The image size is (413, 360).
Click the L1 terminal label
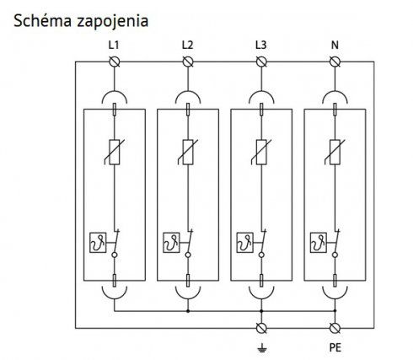(x=114, y=45)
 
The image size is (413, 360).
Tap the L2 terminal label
(x=187, y=45)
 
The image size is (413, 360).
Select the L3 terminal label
(x=261, y=45)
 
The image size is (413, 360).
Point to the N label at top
(x=335, y=45)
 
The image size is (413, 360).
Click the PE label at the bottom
(x=335, y=347)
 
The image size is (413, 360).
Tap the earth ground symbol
(x=261, y=348)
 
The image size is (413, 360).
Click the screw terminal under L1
(x=115, y=62)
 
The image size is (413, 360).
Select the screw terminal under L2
(x=188, y=62)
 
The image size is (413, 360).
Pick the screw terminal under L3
(x=261, y=62)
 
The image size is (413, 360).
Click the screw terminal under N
(x=335, y=62)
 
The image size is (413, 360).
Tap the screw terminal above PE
(x=335, y=328)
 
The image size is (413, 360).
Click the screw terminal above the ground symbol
(x=261, y=328)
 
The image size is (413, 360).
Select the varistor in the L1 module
(x=115, y=152)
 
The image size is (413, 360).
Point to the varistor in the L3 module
(x=261, y=152)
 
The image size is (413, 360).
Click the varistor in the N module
(x=335, y=152)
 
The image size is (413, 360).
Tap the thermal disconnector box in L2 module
(x=171, y=242)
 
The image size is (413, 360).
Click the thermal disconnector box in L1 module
(x=98, y=242)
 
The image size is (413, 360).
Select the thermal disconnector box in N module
(x=319, y=242)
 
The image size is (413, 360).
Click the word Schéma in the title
(x=42, y=20)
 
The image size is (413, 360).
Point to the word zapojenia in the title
(x=112, y=21)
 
